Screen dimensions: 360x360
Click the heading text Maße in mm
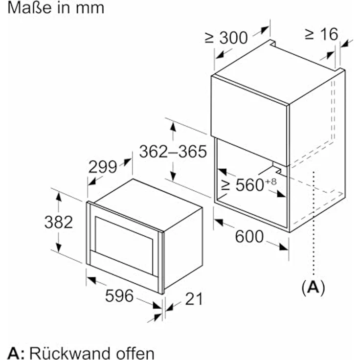[52, 8]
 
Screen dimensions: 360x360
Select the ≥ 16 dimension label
[321, 34]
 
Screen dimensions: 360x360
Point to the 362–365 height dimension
[173, 152]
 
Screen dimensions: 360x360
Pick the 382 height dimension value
[58, 222]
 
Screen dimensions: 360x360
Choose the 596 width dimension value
[119, 295]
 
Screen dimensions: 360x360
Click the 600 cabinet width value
[249, 237]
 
